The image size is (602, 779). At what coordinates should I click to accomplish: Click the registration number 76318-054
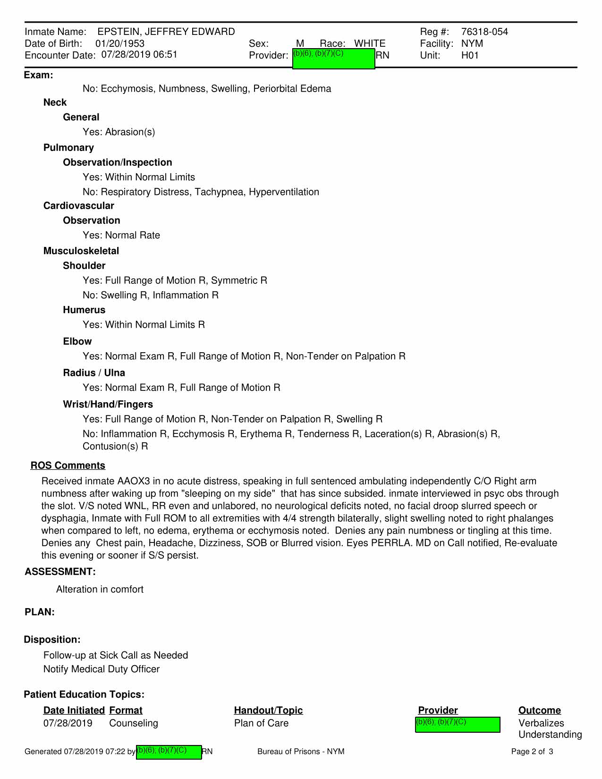484,32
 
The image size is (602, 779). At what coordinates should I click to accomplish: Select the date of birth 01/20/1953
120,43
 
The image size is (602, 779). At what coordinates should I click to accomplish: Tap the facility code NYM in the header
472,43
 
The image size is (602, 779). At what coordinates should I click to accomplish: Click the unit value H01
470,55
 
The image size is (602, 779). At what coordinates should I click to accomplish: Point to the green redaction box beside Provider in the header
333,59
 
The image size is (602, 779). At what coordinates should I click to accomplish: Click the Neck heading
55,102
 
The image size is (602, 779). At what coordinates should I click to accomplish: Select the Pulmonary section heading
68,148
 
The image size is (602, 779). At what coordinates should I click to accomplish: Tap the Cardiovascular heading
78,206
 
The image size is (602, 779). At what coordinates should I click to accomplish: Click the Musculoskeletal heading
81,251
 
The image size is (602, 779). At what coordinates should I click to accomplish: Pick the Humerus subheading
84,310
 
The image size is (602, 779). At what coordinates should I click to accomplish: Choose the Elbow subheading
77,341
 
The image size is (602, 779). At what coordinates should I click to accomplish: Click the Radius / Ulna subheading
94,373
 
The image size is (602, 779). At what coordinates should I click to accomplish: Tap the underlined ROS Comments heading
68,466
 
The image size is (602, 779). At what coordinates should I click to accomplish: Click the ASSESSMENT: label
60,572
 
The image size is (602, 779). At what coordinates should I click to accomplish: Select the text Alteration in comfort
100,589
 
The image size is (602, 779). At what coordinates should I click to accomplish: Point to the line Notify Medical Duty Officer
102,669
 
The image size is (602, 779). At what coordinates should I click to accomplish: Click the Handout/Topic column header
268,711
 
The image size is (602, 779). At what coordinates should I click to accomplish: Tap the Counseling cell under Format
134,723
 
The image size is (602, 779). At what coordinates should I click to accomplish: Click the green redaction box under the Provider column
457,725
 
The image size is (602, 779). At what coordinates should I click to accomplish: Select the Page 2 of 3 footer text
532,752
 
